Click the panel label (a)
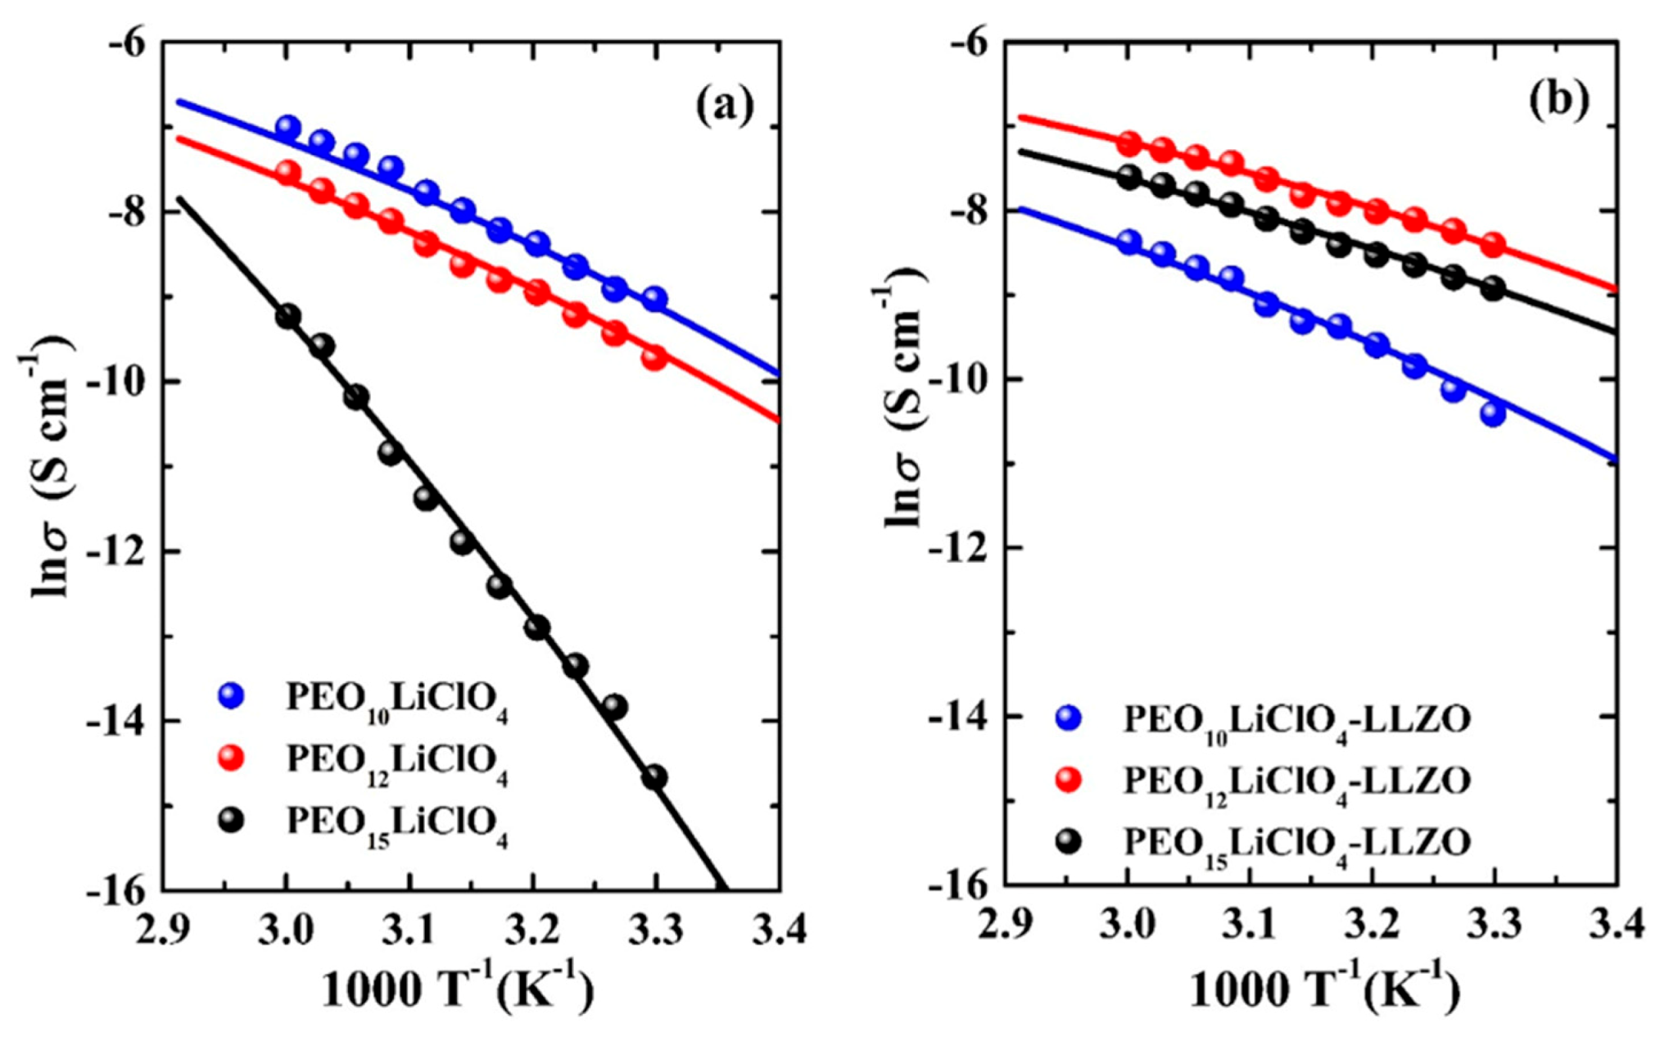coord(724,106)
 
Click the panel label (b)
coord(1558,99)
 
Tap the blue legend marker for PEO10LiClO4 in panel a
coord(233,695)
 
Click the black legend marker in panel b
coord(1069,841)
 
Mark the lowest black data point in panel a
coord(654,777)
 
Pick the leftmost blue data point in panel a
coord(287,128)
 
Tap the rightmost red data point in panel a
coord(654,358)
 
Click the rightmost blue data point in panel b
coord(1492,414)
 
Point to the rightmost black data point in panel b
coord(1492,288)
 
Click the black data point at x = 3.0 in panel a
coord(287,316)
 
